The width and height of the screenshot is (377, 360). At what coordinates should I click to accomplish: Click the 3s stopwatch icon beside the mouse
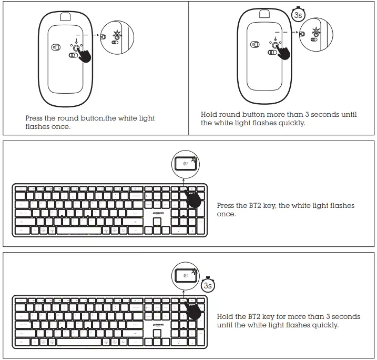pos(298,15)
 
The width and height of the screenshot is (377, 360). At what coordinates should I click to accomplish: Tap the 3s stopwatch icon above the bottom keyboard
pos(208,285)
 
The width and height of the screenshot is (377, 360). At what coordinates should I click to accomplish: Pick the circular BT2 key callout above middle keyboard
pos(187,164)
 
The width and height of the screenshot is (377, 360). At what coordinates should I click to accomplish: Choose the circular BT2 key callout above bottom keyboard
pos(187,276)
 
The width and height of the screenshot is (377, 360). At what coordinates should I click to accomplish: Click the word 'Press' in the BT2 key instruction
pos(226,206)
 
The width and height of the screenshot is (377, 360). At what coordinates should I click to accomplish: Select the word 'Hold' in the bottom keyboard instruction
pos(225,317)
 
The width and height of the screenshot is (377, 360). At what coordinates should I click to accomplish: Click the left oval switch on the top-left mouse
pos(57,47)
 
